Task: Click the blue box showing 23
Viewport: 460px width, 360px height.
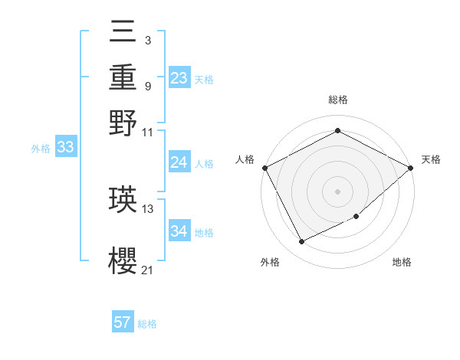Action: [x=179, y=78]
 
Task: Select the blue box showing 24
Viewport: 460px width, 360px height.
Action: [x=179, y=162]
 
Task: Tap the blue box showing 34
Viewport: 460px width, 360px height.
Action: [x=179, y=231]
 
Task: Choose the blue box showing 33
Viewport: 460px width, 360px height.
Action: [x=65, y=148]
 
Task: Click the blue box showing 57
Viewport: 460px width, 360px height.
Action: [x=123, y=322]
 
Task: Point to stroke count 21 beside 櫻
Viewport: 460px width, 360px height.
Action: [x=148, y=269]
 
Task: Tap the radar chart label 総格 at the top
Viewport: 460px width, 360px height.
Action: [x=337, y=100]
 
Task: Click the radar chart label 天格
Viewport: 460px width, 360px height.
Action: [x=431, y=159]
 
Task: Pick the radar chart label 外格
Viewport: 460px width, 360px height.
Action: [x=270, y=263]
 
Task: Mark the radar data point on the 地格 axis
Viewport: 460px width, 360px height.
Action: [x=357, y=217]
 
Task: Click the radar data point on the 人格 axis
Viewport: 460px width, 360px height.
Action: [x=264, y=168]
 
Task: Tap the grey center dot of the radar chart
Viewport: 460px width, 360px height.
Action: [x=337, y=191]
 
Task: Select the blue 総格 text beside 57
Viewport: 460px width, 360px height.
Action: [x=147, y=324]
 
